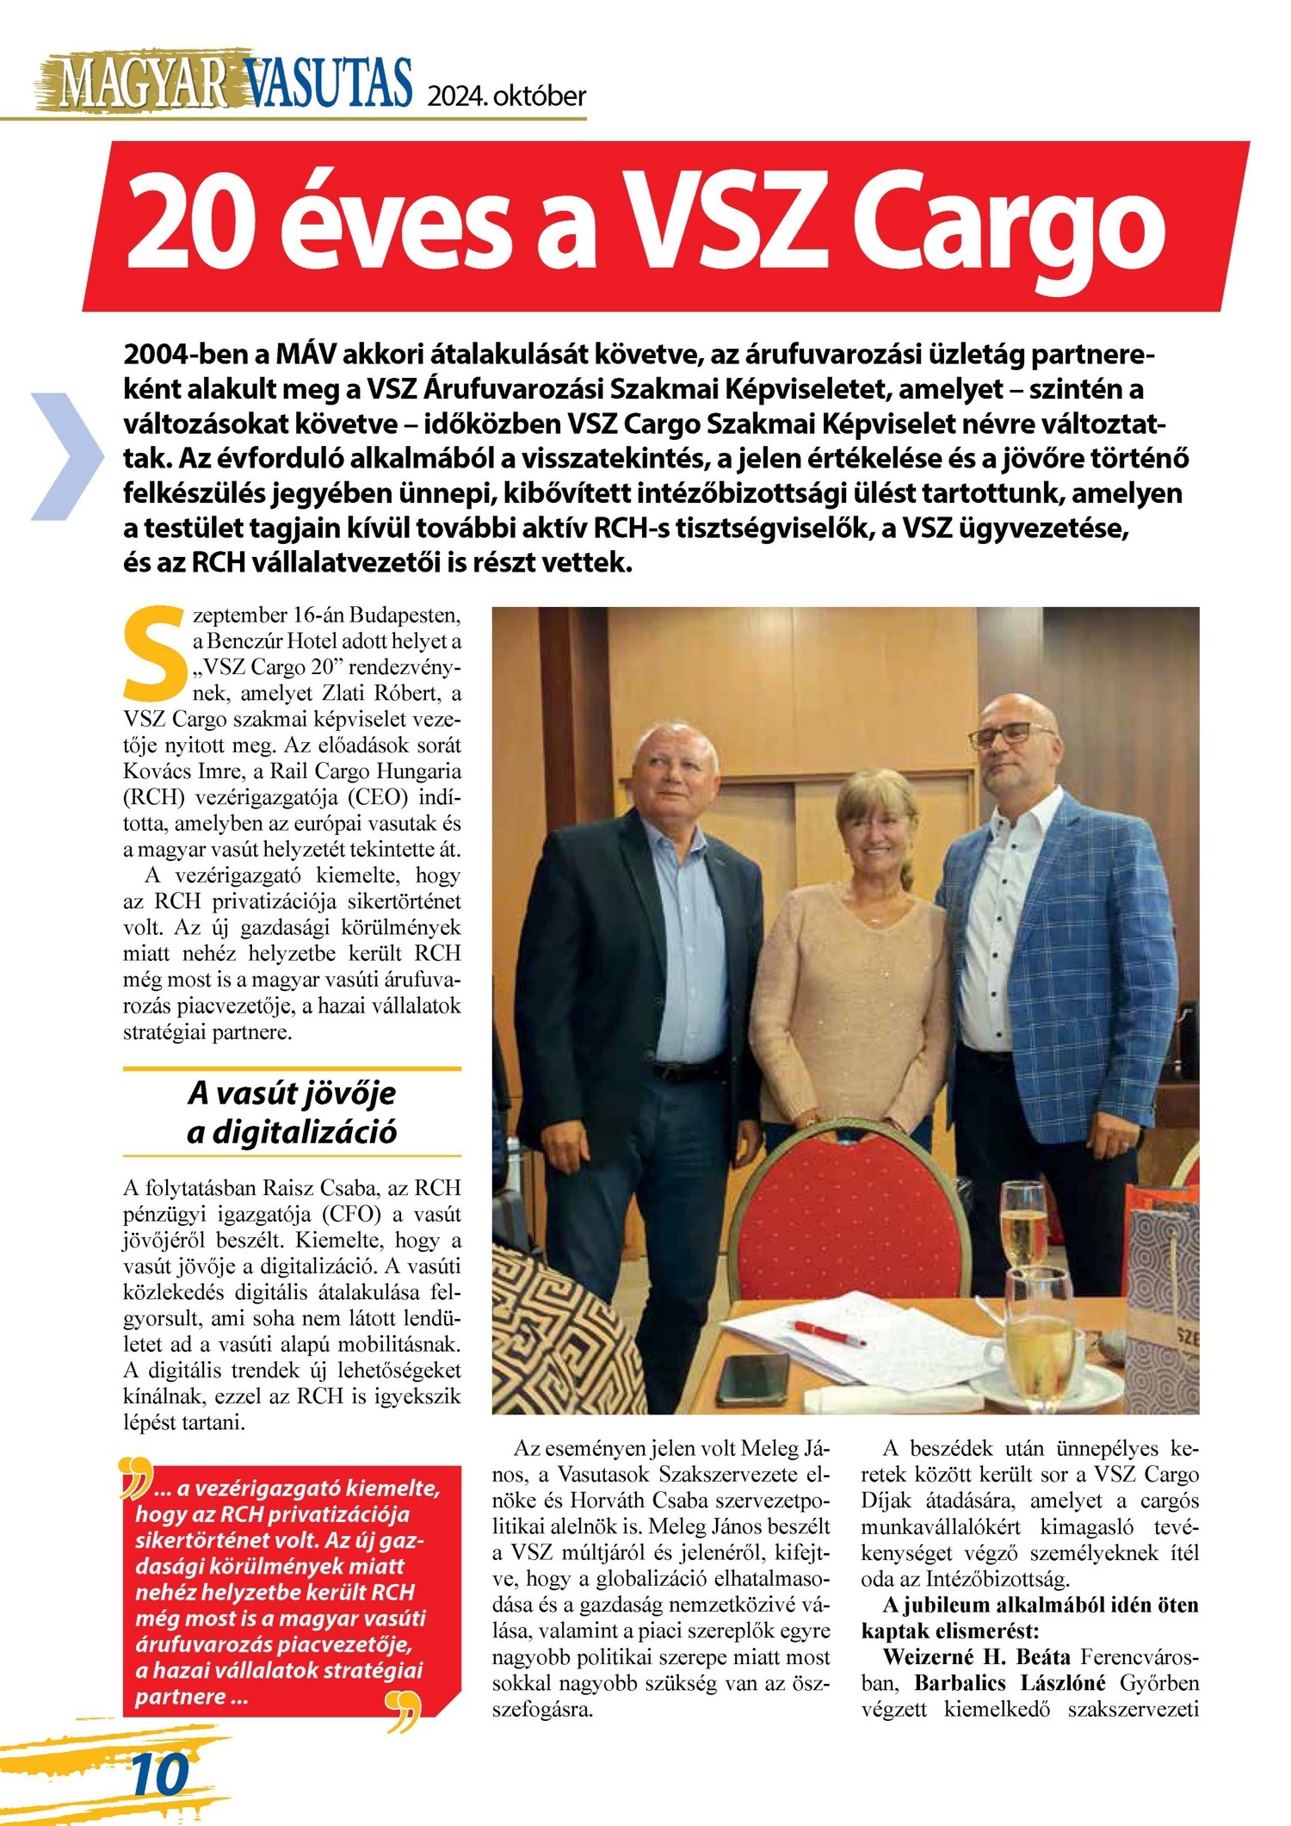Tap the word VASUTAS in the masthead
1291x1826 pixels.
[x=328, y=84]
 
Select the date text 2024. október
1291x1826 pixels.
[x=506, y=96]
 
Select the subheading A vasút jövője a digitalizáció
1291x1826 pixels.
[x=292, y=1111]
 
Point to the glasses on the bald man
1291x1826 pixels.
[x=1011, y=734]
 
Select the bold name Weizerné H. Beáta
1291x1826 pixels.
[x=976, y=1657]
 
